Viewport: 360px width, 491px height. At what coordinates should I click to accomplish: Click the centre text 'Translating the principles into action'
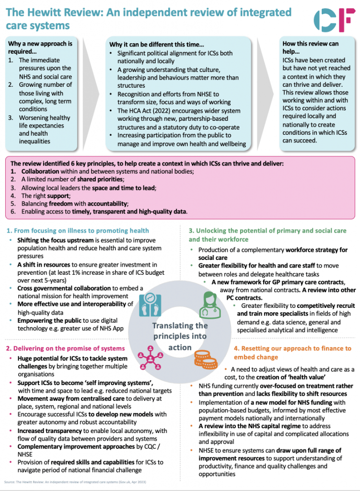(x=180, y=336)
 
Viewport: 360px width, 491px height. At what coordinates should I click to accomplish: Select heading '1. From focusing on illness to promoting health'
(x=78, y=230)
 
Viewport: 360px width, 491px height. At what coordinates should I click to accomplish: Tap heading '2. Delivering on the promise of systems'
(x=65, y=348)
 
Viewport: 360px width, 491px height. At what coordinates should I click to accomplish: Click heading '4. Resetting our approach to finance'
(x=292, y=352)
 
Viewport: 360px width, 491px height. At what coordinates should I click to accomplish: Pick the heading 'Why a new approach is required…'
(x=40, y=47)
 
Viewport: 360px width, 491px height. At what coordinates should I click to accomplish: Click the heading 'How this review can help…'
(x=310, y=48)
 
